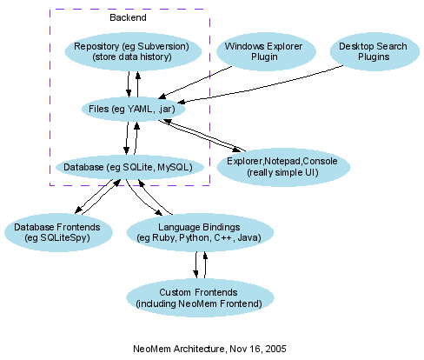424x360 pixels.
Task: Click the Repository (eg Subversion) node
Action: pos(131,51)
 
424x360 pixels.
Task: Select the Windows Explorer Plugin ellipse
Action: pos(259,51)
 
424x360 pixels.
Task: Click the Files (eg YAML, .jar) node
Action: pos(131,109)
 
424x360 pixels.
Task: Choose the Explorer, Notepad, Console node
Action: pos(283,167)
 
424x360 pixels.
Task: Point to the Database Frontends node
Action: pos(57,231)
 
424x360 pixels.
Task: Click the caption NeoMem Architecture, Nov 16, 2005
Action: pos(209,348)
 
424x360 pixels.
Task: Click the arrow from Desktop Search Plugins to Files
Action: pos(261,89)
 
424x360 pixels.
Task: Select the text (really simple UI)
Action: pos(283,173)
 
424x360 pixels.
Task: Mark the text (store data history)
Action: pos(131,57)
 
